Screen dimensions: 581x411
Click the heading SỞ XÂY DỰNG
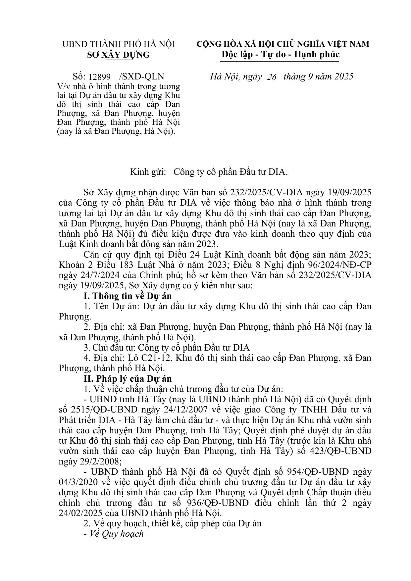(119, 55)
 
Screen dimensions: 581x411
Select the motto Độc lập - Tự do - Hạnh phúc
(280, 54)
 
